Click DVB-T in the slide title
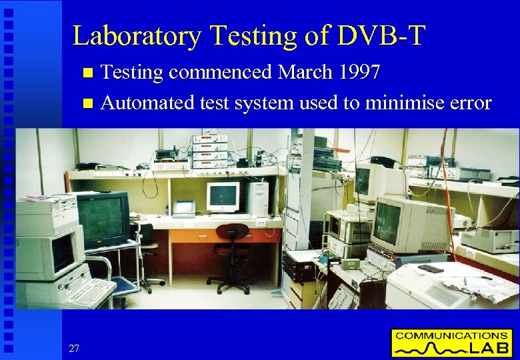(x=381, y=36)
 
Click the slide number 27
(x=74, y=348)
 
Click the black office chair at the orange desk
(x=231, y=257)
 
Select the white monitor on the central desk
(x=223, y=197)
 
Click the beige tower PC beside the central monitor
(x=257, y=199)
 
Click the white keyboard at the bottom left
(x=90, y=293)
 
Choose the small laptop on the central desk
(x=184, y=208)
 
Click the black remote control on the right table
(x=430, y=269)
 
